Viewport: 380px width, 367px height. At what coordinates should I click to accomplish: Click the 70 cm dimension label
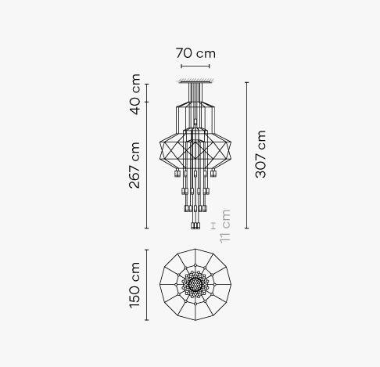(195, 53)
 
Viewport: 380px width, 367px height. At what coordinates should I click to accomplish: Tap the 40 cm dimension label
(135, 95)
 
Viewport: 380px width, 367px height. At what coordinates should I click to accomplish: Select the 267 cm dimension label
(134, 165)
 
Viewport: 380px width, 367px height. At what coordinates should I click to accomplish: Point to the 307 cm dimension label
(260, 154)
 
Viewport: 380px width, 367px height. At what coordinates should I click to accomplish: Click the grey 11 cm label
(225, 226)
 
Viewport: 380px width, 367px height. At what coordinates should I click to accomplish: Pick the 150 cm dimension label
(135, 285)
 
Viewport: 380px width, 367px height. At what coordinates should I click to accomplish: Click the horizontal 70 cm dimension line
(195, 67)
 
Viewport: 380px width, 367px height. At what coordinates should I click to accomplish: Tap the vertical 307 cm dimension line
(247, 155)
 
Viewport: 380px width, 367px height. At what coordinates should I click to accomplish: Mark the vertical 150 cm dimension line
(147, 285)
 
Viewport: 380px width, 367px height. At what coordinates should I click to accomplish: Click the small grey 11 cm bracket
(213, 226)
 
